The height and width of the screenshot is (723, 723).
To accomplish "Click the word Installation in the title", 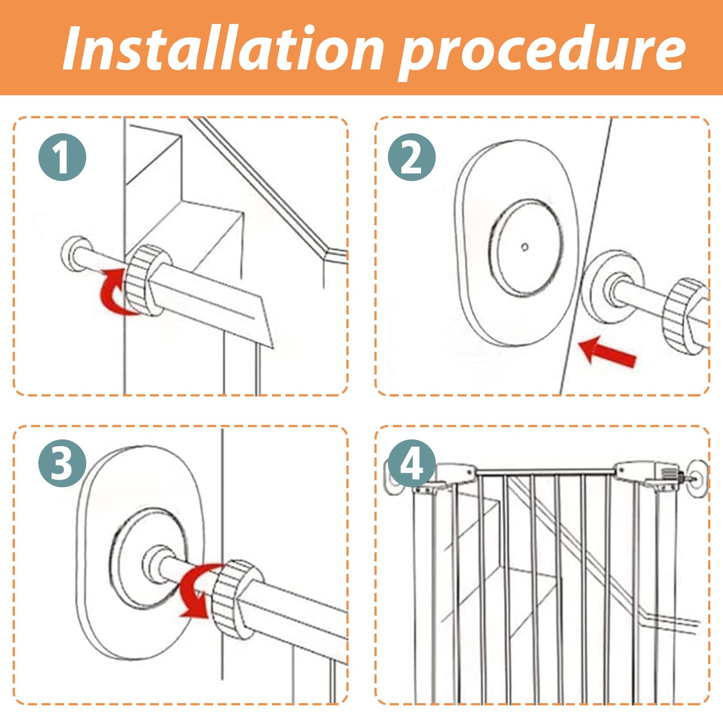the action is pos(223,48).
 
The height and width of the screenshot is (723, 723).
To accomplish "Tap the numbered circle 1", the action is pos(62,157).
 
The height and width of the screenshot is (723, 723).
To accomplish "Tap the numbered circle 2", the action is pos(411,157).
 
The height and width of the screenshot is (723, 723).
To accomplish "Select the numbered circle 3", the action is pos(62,463).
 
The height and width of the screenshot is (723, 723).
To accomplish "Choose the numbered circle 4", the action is pos(411,463).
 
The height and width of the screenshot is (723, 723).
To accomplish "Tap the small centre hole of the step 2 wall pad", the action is pos(525,247).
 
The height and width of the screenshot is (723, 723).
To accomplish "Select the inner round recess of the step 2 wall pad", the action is pos(525,247).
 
